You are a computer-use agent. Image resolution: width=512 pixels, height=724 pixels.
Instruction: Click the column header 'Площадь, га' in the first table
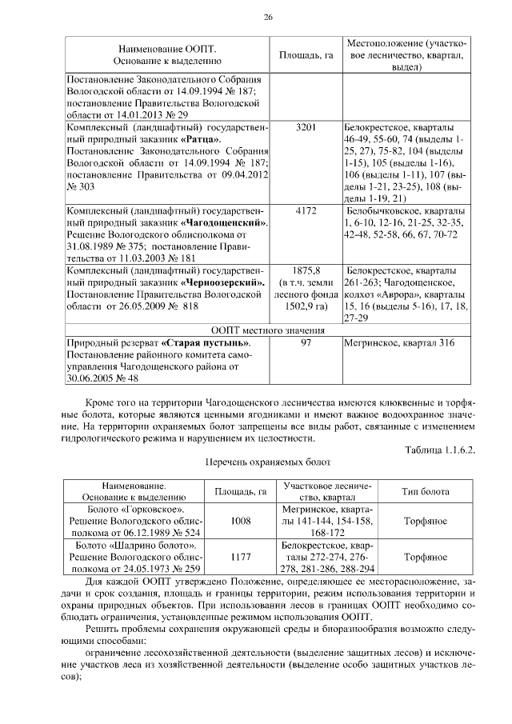pyautogui.click(x=306, y=54)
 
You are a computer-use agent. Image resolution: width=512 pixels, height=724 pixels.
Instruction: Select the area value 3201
pyautogui.click(x=306, y=127)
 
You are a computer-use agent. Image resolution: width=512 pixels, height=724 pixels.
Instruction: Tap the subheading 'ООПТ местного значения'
pyautogui.click(x=267, y=330)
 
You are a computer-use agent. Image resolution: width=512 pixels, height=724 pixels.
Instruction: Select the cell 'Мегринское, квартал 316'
pyautogui.click(x=398, y=343)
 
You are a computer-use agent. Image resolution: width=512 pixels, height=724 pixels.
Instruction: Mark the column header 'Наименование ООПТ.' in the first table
pyautogui.click(x=167, y=48)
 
